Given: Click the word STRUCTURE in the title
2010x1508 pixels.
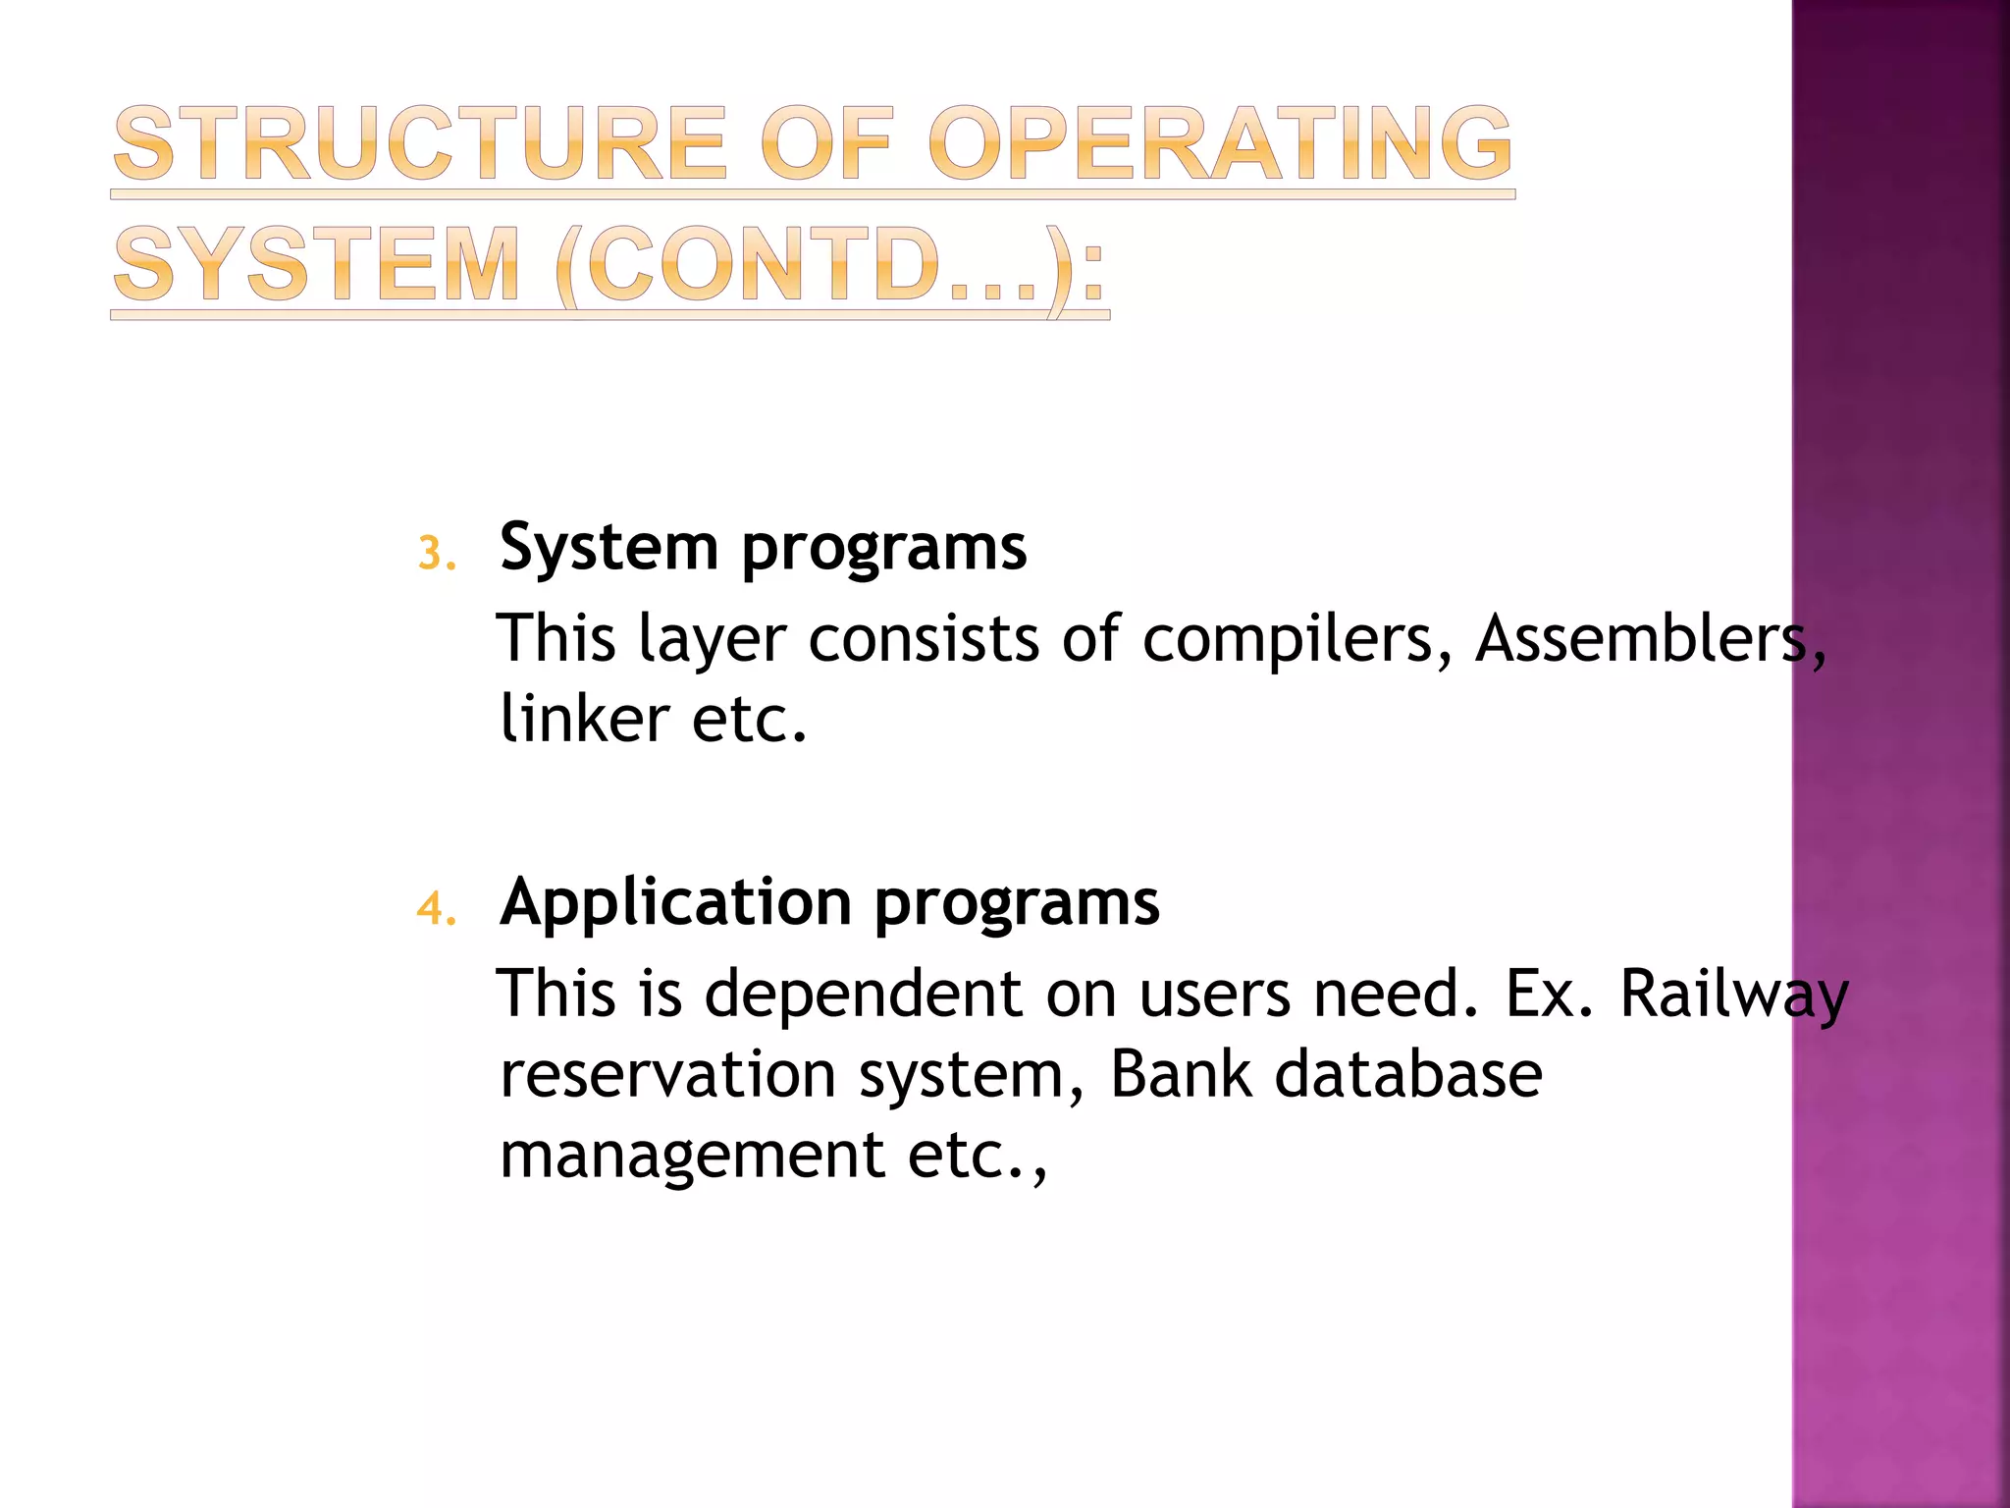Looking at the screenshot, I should coord(420,144).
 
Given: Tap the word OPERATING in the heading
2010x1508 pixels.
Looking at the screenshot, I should coord(1219,144).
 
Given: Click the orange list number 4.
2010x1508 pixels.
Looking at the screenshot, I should coord(435,909).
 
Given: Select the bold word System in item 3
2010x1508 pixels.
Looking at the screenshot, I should coord(608,548).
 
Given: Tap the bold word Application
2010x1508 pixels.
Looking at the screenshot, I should coord(675,901).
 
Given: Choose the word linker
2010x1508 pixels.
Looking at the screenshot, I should coord(584,719).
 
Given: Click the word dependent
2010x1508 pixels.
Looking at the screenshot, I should coord(864,994).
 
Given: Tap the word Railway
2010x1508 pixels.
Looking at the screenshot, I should coord(1733,994).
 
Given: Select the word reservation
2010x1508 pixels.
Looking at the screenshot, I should coord(667,1074).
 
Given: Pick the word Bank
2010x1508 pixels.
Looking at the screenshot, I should coord(1181,1074).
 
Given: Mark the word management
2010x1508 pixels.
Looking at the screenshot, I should coord(692,1155).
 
